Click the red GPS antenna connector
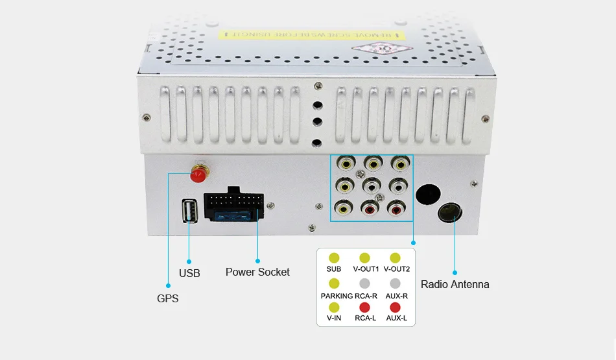(198, 174)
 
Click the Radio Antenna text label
(455, 284)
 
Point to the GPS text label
(167, 299)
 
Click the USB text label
(189, 273)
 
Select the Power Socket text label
(257, 272)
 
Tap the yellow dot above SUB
(334, 258)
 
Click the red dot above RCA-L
(364, 307)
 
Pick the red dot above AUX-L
(396, 307)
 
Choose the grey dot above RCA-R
(364, 283)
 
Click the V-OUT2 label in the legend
(396, 269)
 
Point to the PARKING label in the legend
(337, 296)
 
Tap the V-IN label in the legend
(334, 318)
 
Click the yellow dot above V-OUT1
(364, 258)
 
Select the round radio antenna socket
(451, 213)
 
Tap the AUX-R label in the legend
(396, 296)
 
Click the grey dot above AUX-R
(396, 283)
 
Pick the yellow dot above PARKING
(334, 283)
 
